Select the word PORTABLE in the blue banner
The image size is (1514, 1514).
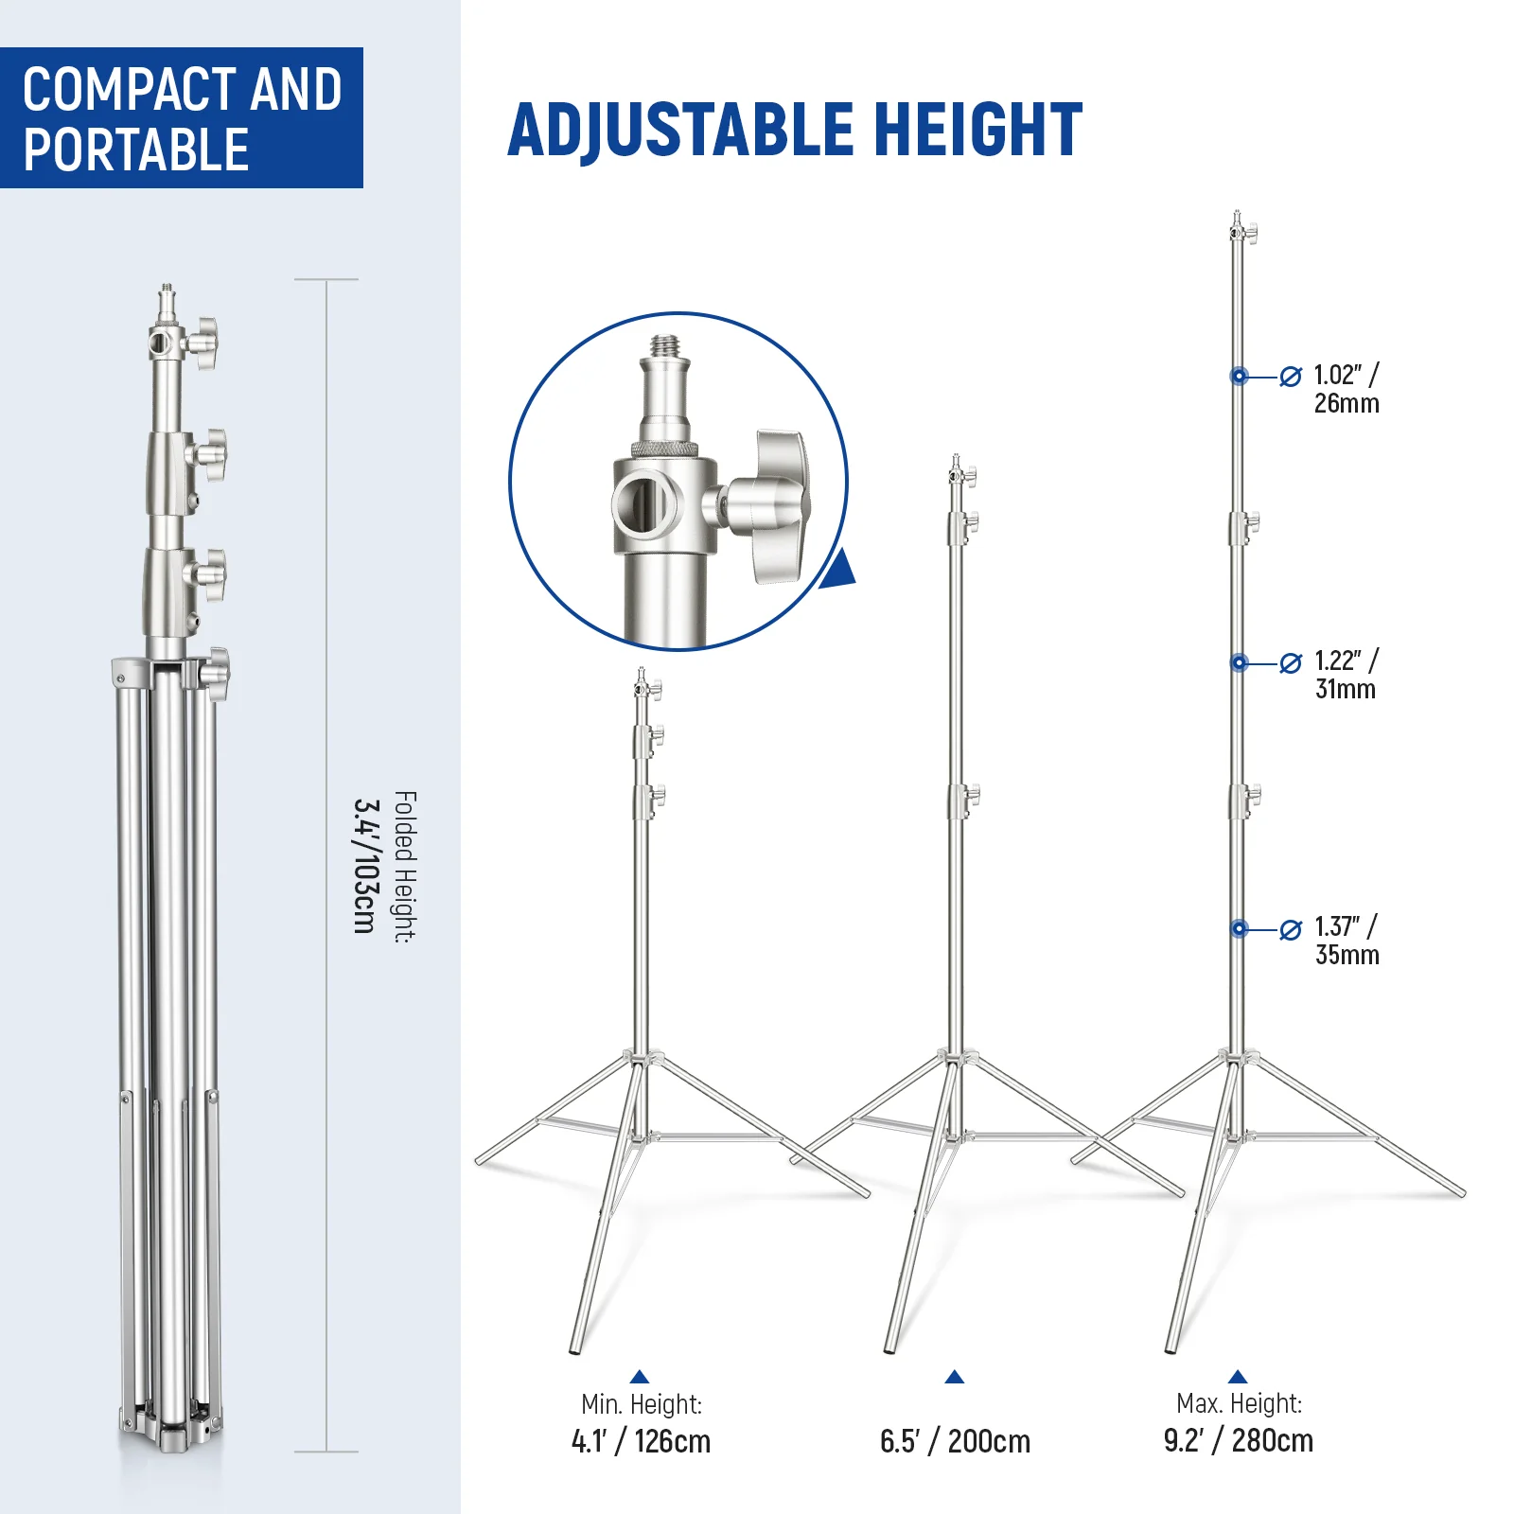136,150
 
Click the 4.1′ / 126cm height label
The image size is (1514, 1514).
641,1441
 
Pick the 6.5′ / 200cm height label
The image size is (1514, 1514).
955,1441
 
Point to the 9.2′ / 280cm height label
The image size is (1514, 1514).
1239,1440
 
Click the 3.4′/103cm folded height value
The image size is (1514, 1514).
365,866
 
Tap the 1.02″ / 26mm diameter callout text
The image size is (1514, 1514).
1346,389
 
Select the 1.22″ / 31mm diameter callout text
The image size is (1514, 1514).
1346,675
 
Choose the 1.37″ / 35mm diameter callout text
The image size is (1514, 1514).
1347,941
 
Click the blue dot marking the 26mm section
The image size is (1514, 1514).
1239,377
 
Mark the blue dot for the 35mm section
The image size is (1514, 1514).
1239,929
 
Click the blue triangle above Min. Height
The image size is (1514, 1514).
640,1377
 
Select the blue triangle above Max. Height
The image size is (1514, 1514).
1238,1377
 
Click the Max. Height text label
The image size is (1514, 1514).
1239,1403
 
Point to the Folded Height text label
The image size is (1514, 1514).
405,867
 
